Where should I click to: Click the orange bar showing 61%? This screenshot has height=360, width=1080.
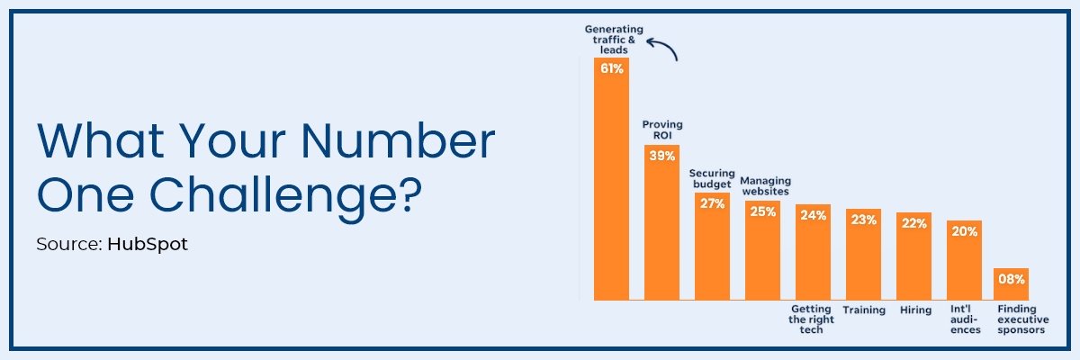tap(611, 179)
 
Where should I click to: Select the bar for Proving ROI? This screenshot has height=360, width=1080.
tap(662, 222)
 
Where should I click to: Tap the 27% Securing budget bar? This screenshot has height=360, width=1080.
tap(712, 247)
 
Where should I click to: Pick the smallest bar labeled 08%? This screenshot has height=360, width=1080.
tap(1011, 284)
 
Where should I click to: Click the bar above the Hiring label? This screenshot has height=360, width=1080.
tap(913, 256)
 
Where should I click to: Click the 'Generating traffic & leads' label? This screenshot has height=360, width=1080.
tap(614, 40)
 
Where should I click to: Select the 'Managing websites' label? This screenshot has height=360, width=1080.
tap(766, 186)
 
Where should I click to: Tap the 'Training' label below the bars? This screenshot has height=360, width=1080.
tap(864, 310)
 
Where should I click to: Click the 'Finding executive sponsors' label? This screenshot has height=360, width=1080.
tap(1023, 319)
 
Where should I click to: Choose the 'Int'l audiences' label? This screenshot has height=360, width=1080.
tap(965, 319)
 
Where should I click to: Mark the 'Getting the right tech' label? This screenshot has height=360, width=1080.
tap(812, 319)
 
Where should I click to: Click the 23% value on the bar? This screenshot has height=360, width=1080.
tap(863, 220)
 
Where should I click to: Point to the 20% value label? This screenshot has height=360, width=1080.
tap(964, 231)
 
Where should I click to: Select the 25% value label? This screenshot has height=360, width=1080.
tap(763, 211)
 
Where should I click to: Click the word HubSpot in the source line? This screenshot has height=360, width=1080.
tap(148, 244)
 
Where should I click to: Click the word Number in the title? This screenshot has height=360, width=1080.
tap(398, 140)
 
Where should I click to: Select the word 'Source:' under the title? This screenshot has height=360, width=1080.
tap(69, 244)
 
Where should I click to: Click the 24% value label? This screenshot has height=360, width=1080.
tap(814, 215)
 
